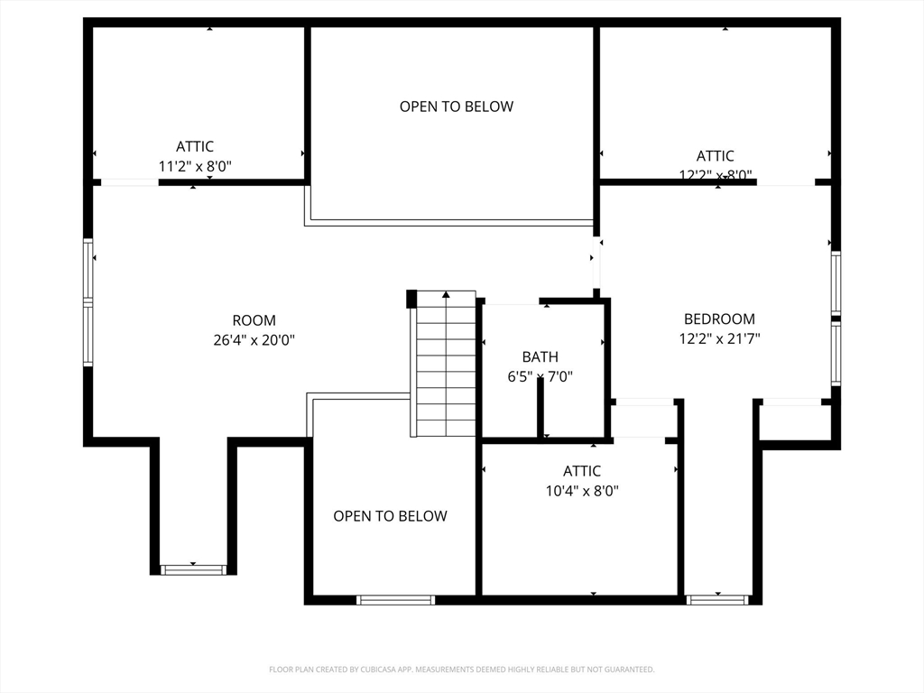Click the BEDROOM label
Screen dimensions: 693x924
719,319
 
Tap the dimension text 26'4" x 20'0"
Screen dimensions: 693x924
254,340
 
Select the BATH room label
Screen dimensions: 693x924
540,356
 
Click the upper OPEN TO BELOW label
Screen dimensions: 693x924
457,106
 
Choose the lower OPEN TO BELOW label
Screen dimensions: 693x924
390,516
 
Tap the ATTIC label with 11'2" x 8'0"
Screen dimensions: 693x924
195,146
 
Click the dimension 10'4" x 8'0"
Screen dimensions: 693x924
582,491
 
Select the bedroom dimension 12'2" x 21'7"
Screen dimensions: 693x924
719,339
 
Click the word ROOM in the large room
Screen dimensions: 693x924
254,320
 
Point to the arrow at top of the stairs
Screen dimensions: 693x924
445,294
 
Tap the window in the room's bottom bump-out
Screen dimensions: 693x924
193,569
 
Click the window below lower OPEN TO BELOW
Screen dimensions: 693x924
395,600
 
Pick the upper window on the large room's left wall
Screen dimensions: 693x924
88,268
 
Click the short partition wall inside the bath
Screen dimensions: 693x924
540,408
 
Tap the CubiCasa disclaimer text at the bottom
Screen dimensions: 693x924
461,670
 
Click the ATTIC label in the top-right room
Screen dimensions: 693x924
715,156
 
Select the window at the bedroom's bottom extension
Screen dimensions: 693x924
717,599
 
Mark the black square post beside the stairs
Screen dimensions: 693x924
411,299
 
